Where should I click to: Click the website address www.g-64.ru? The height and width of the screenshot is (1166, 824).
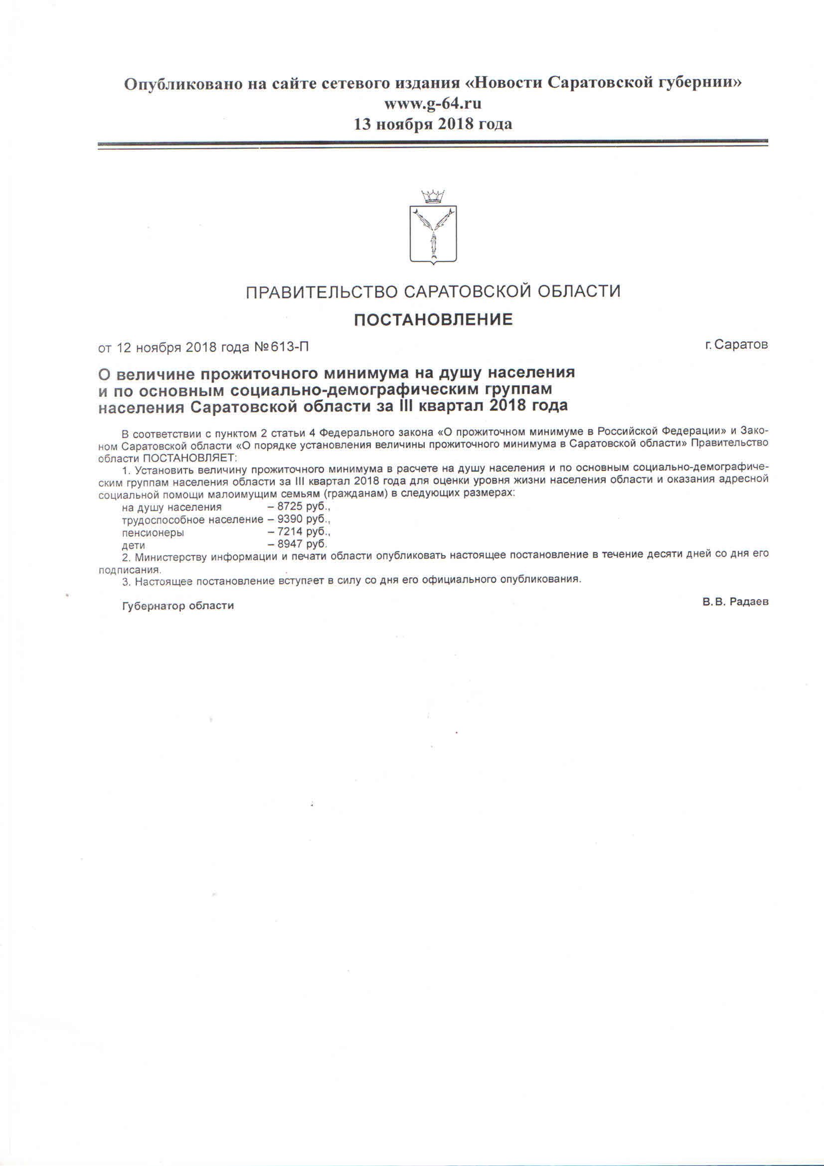point(432,104)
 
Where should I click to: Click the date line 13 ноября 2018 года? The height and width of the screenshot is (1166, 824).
point(432,123)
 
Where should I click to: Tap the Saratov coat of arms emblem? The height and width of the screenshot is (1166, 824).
point(433,234)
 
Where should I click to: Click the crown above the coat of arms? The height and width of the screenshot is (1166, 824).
point(433,196)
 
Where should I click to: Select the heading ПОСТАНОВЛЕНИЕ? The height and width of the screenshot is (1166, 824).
point(433,319)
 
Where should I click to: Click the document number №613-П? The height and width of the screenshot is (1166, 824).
point(281,347)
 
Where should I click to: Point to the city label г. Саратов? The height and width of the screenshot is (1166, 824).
point(736,344)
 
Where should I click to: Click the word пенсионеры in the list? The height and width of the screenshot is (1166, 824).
point(153,533)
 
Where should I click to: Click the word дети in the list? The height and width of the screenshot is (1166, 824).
point(134,545)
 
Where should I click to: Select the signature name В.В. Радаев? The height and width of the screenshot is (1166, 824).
point(735,602)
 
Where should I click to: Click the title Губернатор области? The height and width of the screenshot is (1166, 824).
point(177,606)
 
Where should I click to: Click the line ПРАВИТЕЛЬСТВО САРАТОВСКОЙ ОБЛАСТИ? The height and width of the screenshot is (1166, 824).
point(433,291)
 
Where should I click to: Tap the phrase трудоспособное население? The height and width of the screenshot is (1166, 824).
point(192,519)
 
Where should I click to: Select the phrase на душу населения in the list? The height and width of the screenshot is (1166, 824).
point(171,507)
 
